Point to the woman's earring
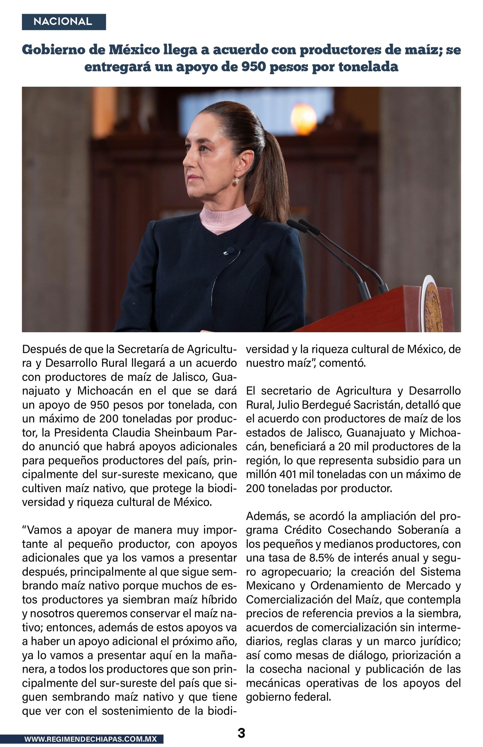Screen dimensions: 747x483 [x=236, y=180]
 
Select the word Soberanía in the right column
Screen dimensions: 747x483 [x=425, y=530]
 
